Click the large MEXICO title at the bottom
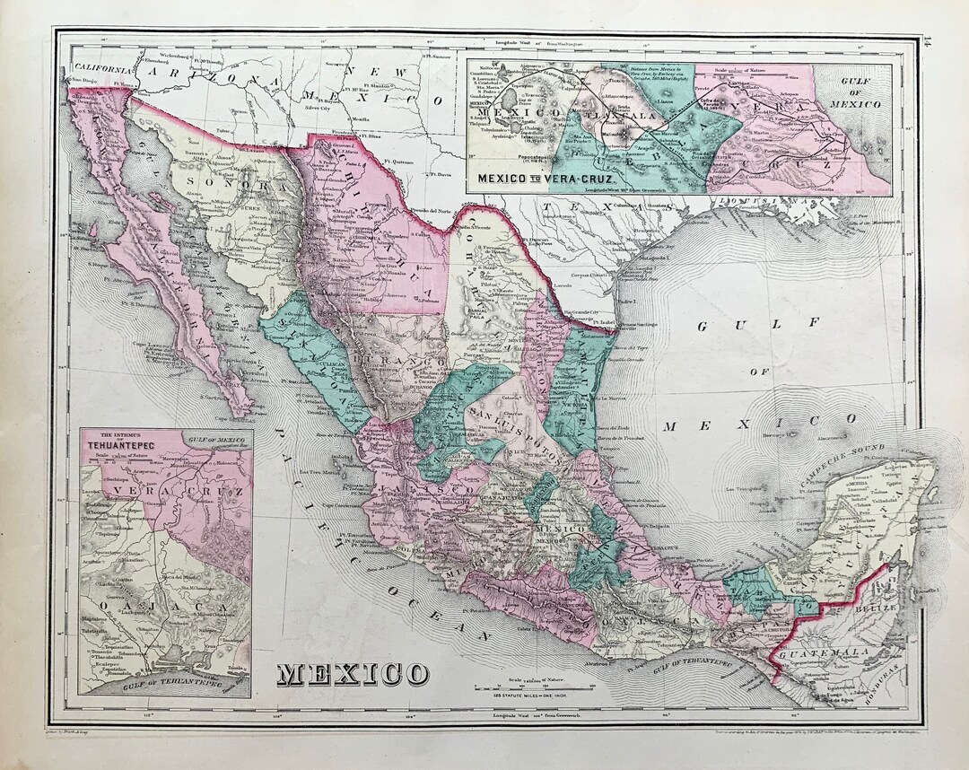click(353, 672)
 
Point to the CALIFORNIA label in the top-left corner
click(103, 67)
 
